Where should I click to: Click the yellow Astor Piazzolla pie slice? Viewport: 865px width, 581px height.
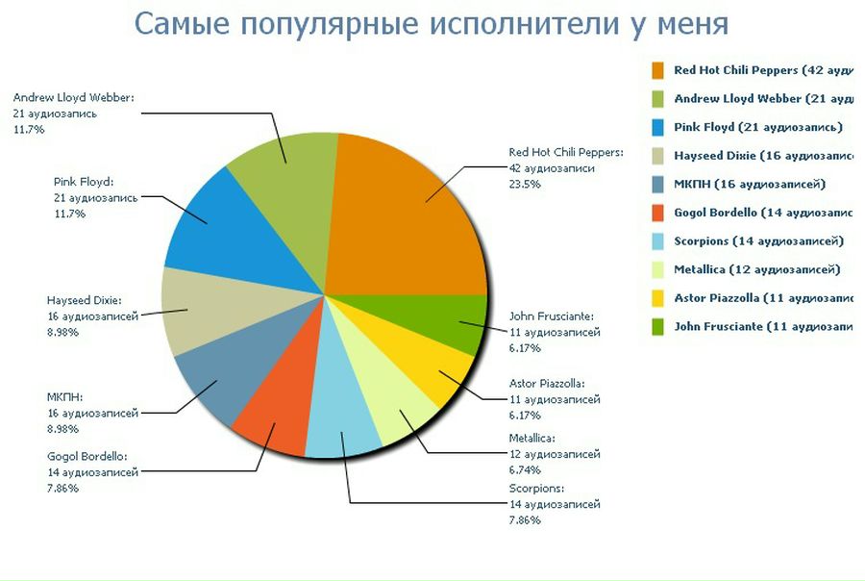(x=437, y=370)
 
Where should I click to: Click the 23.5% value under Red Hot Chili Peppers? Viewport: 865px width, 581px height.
(x=525, y=184)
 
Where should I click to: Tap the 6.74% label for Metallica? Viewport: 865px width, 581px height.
(x=525, y=470)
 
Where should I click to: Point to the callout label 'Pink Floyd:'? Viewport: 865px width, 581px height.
(x=84, y=180)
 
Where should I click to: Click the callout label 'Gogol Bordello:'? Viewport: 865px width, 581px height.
(x=87, y=456)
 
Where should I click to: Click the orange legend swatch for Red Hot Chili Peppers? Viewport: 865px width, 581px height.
(x=658, y=70)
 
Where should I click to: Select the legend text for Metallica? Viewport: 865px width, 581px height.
(x=756, y=269)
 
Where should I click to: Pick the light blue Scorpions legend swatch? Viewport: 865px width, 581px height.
(x=658, y=240)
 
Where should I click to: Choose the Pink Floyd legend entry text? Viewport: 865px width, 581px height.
(x=757, y=127)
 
